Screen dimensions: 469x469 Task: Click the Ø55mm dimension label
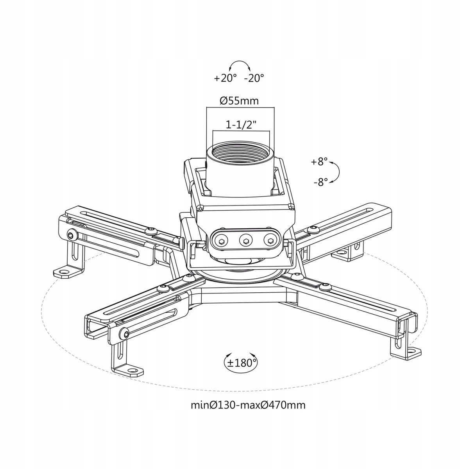(x=239, y=100)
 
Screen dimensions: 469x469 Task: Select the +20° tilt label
(x=225, y=79)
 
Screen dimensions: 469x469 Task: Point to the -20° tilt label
(x=254, y=79)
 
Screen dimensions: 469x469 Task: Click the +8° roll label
(x=319, y=162)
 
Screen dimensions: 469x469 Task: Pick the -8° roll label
(x=320, y=182)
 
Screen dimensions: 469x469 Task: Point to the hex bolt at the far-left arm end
(x=71, y=235)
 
